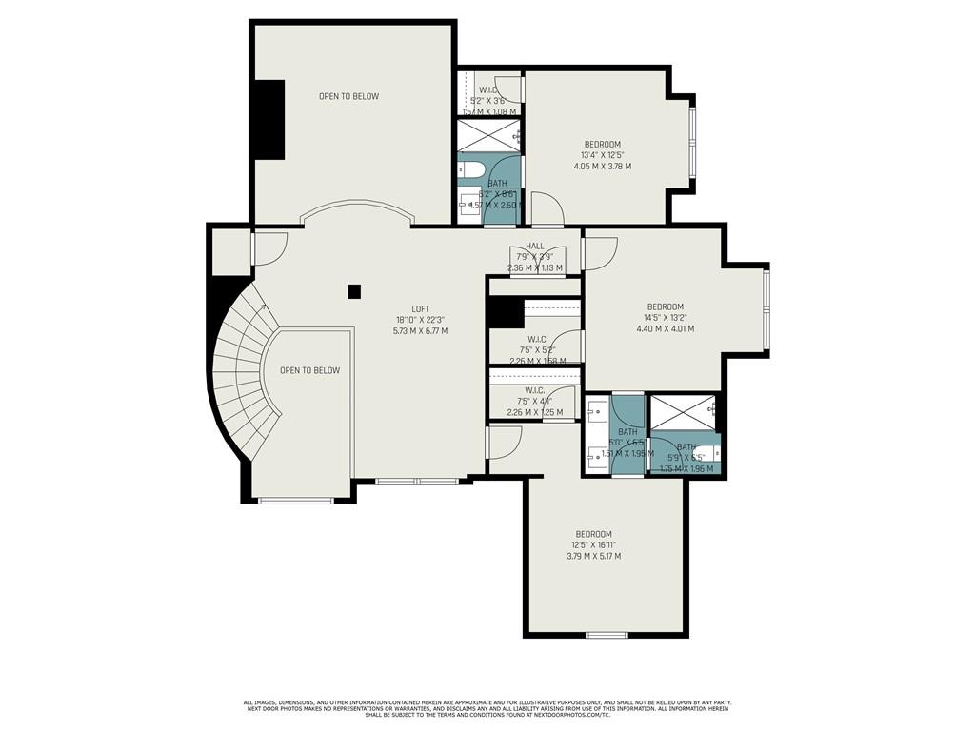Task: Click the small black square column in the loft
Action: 354,292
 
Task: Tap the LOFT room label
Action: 420,308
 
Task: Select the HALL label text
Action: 534,246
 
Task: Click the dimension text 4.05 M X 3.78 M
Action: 602,167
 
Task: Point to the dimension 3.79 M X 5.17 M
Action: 593,556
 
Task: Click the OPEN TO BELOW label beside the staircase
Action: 309,370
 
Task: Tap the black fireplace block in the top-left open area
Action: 269,119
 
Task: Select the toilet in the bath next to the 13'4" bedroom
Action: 471,171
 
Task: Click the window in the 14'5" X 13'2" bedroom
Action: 766,309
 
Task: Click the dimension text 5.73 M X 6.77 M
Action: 420,331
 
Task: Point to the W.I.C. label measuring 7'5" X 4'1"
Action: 534,389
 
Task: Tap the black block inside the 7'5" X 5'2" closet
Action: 505,313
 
